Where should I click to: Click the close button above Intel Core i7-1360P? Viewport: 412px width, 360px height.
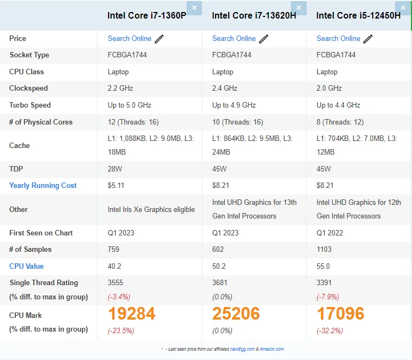point(194,8)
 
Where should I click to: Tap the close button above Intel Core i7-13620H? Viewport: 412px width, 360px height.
point(298,8)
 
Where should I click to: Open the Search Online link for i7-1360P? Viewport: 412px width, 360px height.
point(129,38)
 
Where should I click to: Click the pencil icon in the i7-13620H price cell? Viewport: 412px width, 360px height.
point(264,39)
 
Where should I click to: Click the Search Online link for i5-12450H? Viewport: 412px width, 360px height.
point(338,38)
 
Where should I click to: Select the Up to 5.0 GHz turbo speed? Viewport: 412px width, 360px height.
point(129,105)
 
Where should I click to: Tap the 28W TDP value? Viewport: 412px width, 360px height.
point(115,169)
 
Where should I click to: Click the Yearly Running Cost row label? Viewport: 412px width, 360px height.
point(43,185)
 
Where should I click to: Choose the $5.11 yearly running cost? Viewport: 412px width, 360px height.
point(116,185)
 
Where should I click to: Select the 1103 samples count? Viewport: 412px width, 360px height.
point(324,249)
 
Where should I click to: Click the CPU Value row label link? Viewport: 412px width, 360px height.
point(26,266)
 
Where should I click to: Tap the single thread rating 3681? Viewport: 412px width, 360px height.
point(219,282)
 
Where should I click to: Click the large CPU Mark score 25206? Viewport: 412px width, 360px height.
point(236,314)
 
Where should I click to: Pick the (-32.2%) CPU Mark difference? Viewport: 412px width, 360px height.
point(329,331)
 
